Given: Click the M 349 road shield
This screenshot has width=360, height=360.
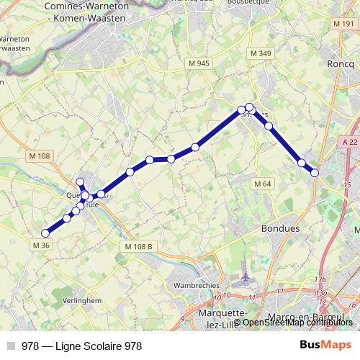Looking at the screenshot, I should [260, 54].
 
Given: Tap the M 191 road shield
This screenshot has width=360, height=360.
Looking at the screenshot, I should [345, 24].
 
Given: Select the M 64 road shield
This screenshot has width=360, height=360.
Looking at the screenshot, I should [263, 184].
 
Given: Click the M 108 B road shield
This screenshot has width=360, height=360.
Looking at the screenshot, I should [139, 246].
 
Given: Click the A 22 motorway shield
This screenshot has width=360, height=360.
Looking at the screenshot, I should [351, 142].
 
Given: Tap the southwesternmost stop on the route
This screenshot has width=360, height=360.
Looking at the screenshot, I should [45, 233].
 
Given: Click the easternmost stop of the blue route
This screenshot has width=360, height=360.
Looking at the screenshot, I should [315, 172].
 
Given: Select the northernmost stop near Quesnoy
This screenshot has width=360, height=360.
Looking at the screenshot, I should [81, 181].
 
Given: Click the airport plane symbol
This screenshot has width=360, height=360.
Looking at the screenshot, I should [245, 276].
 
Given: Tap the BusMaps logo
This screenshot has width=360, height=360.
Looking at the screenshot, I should [326, 345].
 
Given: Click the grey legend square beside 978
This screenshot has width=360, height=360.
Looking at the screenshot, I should [11, 346].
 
